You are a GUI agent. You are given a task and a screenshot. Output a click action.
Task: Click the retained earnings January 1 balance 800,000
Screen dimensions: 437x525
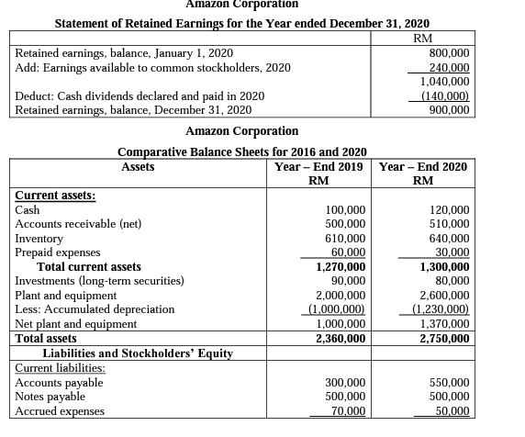(x=451, y=53)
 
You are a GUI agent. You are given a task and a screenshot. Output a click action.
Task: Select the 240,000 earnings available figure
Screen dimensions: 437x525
(x=451, y=67)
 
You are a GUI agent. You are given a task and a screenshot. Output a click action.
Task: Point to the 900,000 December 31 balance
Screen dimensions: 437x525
(x=451, y=109)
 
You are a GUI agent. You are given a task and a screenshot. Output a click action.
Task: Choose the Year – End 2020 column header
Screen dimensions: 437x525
(x=423, y=166)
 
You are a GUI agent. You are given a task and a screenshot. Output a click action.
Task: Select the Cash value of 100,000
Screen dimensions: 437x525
(x=346, y=210)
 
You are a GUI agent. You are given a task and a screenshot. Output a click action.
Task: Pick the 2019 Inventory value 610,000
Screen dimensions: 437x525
(x=346, y=238)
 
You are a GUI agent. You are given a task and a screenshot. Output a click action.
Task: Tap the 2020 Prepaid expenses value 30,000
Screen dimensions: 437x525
(x=452, y=252)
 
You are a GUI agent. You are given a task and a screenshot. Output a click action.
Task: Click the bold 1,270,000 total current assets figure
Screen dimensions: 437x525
(x=341, y=266)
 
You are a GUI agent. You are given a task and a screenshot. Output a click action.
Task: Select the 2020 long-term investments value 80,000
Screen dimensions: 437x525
(x=453, y=281)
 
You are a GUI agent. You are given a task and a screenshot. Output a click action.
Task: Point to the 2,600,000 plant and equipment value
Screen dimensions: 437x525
(x=446, y=296)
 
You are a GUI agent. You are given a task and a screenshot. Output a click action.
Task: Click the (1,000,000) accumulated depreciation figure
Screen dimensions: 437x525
(x=341, y=309)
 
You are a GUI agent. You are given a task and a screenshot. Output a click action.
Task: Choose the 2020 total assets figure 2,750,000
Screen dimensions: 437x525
(x=445, y=339)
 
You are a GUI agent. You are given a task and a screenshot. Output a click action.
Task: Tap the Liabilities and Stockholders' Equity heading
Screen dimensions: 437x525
(x=138, y=353)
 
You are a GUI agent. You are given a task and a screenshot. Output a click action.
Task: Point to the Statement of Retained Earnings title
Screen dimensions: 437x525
(x=242, y=22)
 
